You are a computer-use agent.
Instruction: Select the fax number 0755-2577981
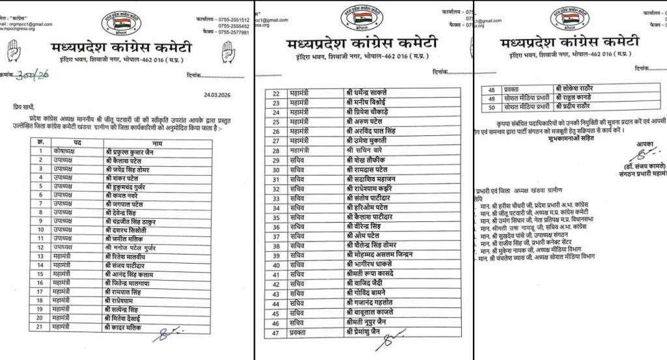(x=229, y=33)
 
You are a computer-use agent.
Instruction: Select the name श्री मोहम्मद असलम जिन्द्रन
(x=388, y=256)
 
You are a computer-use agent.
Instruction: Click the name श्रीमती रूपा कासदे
(x=376, y=275)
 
